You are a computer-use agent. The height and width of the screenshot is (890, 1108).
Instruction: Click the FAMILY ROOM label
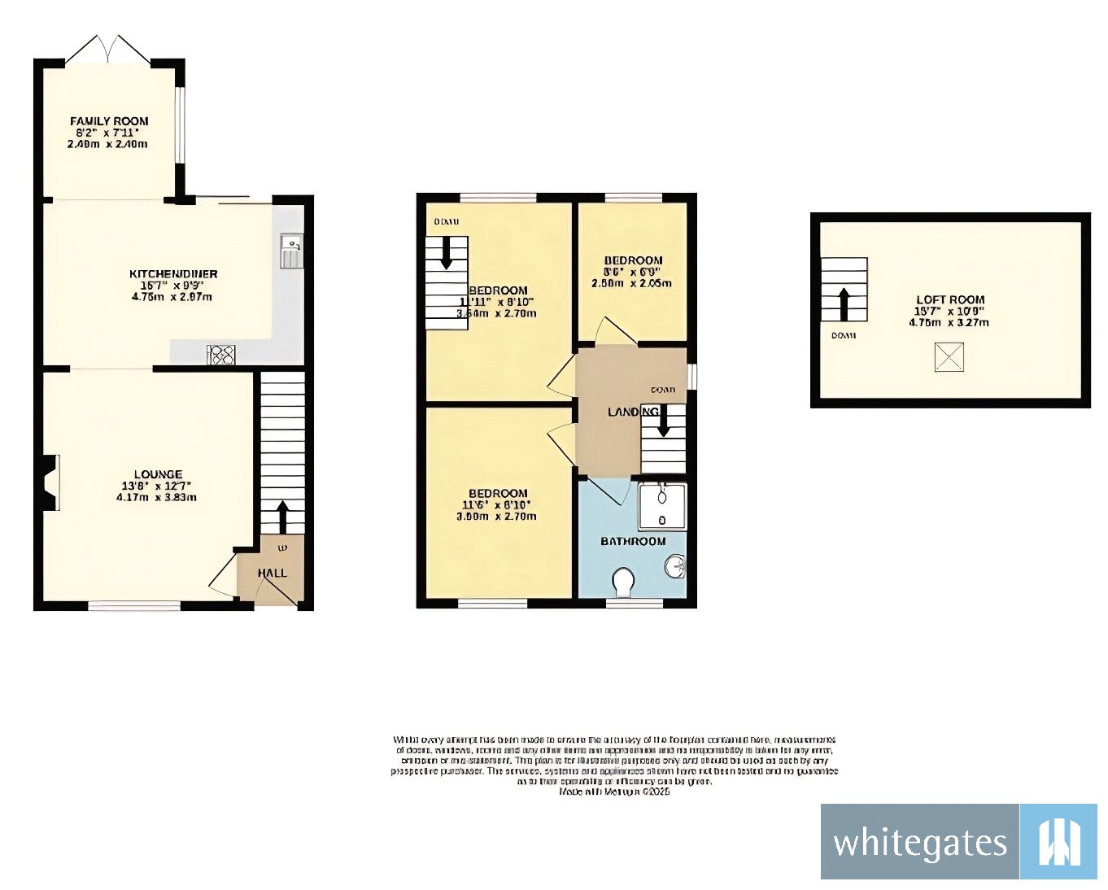pyautogui.click(x=109, y=121)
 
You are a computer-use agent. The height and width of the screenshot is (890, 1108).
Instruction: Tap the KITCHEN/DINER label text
pyautogui.click(x=173, y=274)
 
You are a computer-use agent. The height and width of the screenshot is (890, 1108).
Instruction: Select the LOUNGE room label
pyautogui.click(x=158, y=474)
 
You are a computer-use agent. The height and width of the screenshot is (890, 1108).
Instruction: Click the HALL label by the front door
pyautogui.click(x=273, y=573)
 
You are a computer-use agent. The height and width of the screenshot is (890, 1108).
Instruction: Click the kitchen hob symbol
pyautogui.click(x=221, y=355)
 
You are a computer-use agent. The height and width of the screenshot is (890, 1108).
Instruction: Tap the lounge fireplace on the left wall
pyautogui.click(x=50, y=483)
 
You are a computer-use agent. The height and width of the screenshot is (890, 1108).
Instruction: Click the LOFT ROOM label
pyautogui.click(x=950, y=299)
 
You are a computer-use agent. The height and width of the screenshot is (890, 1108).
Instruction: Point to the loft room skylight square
pyautogui.click(x=949, y=357)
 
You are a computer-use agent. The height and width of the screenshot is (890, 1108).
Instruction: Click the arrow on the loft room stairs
pyautogui.click(x=844, y=303)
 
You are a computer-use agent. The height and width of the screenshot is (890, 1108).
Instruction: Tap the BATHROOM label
pyautogui.click(x=633, y=541)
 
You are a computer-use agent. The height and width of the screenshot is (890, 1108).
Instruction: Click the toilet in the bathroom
pyautogui.click(x=624, y=582)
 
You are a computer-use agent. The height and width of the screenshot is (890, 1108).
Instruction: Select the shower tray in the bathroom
pyautogui.click(x=662, y=506)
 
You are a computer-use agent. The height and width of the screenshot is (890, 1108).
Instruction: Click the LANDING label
pyautogui.click(x=633, y=412)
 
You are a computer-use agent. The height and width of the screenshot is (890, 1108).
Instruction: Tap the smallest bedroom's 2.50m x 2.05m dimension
pyautogui.click(x=632, y=283)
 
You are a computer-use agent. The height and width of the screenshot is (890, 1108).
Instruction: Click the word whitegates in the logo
pyautogui.click(x=919, y=843)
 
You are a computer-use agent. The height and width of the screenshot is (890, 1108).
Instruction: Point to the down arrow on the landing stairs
pyautogui.click(x=663, y=421)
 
